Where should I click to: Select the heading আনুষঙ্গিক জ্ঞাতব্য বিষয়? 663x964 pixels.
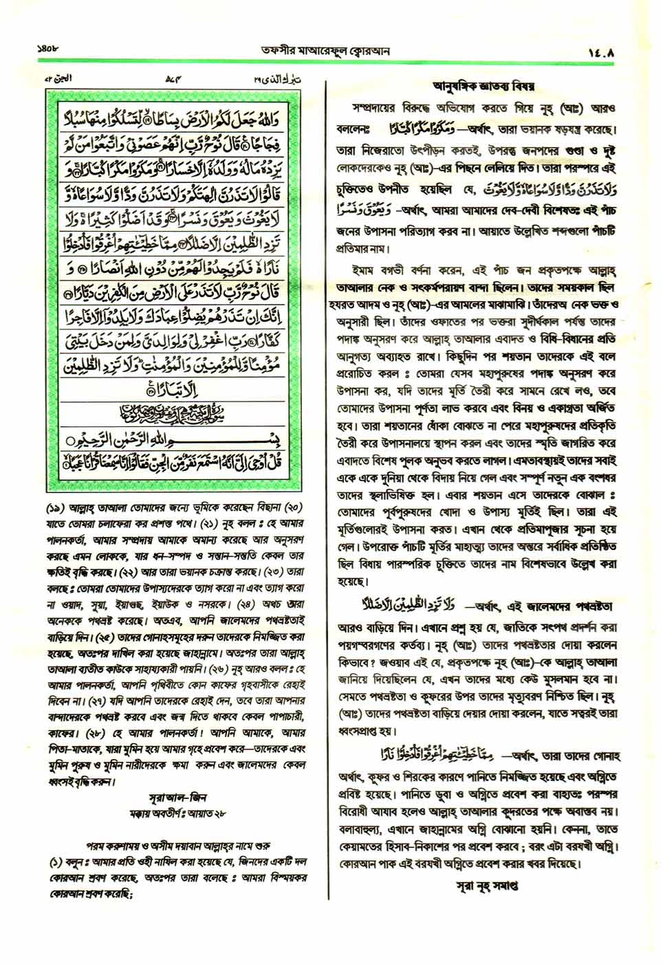pyautogui.click(x=483, y=87)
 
